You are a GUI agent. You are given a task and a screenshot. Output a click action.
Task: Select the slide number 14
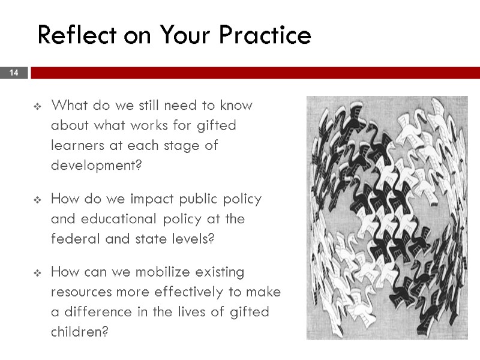(x=14, y=73)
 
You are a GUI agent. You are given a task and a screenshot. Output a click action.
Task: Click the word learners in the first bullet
(x=76, y=145)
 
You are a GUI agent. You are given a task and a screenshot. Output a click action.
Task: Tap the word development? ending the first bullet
(x=97, y=165)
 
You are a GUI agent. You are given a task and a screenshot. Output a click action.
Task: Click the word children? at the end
(x=80, y=331)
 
